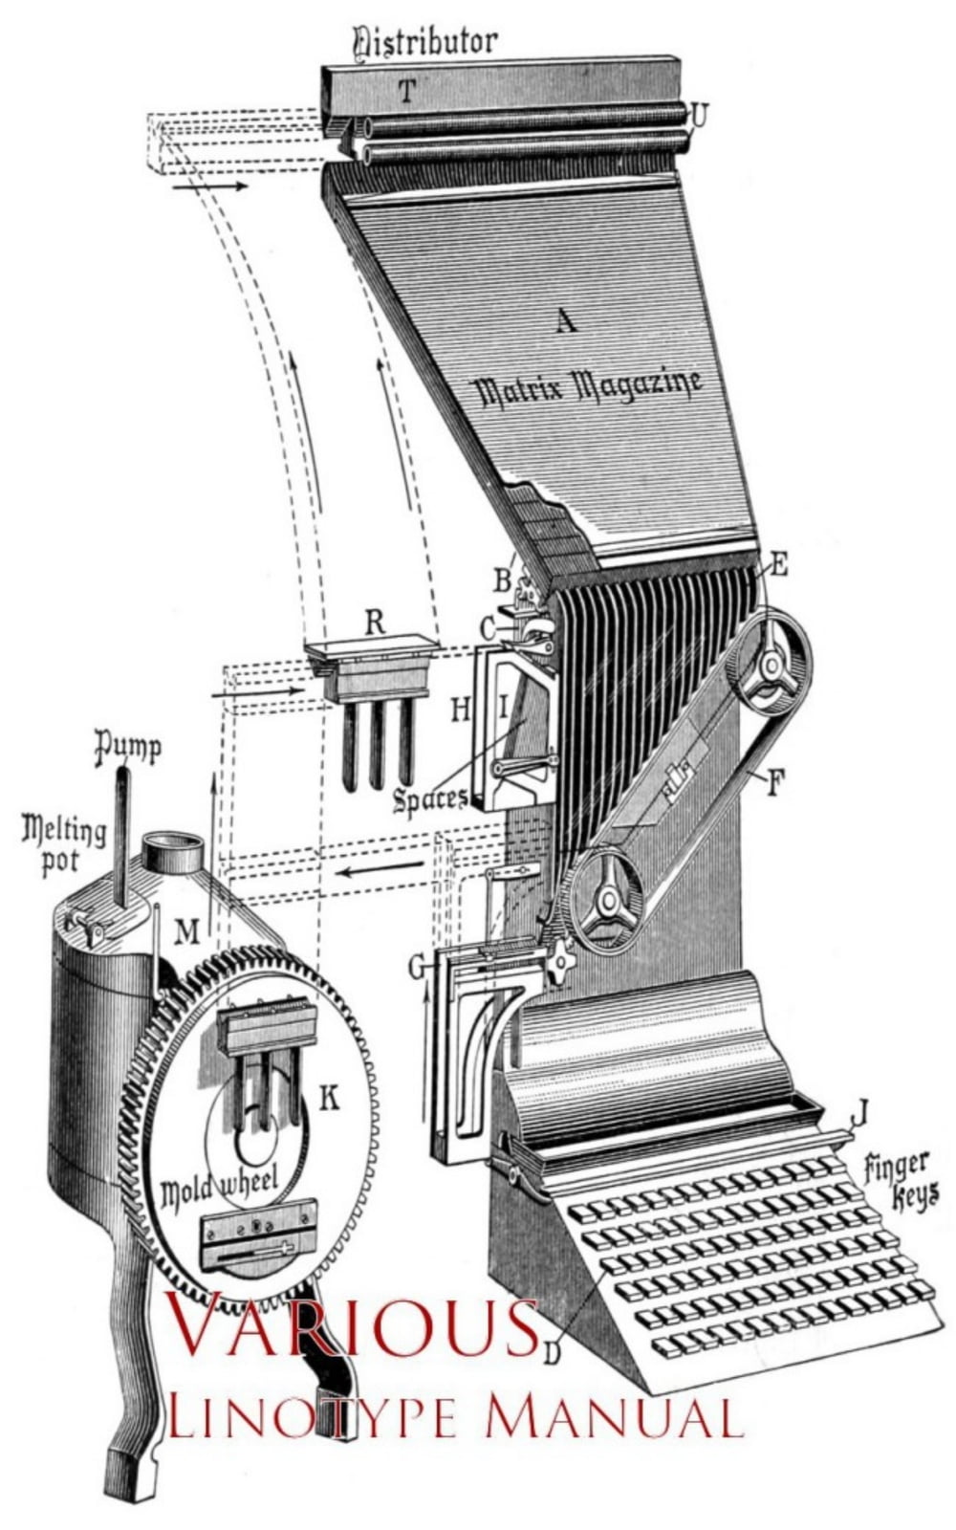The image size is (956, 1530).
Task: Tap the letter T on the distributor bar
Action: (x=407, y=92)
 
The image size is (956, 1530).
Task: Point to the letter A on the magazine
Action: (x=566, y=321)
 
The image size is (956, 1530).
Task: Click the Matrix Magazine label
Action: (x=588, y=387)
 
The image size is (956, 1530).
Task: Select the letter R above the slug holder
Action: (x=374, y=623)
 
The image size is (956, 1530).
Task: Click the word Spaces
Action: (x=430, y=798)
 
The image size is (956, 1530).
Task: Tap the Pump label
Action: (x=127, y=747)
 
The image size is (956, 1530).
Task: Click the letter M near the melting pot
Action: (x=187, y=929)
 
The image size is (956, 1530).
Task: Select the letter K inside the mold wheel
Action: (x=328, y=1100)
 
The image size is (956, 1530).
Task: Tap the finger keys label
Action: (x=899, y=1180)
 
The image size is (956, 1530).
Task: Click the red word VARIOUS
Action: (x=352, y=1324)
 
